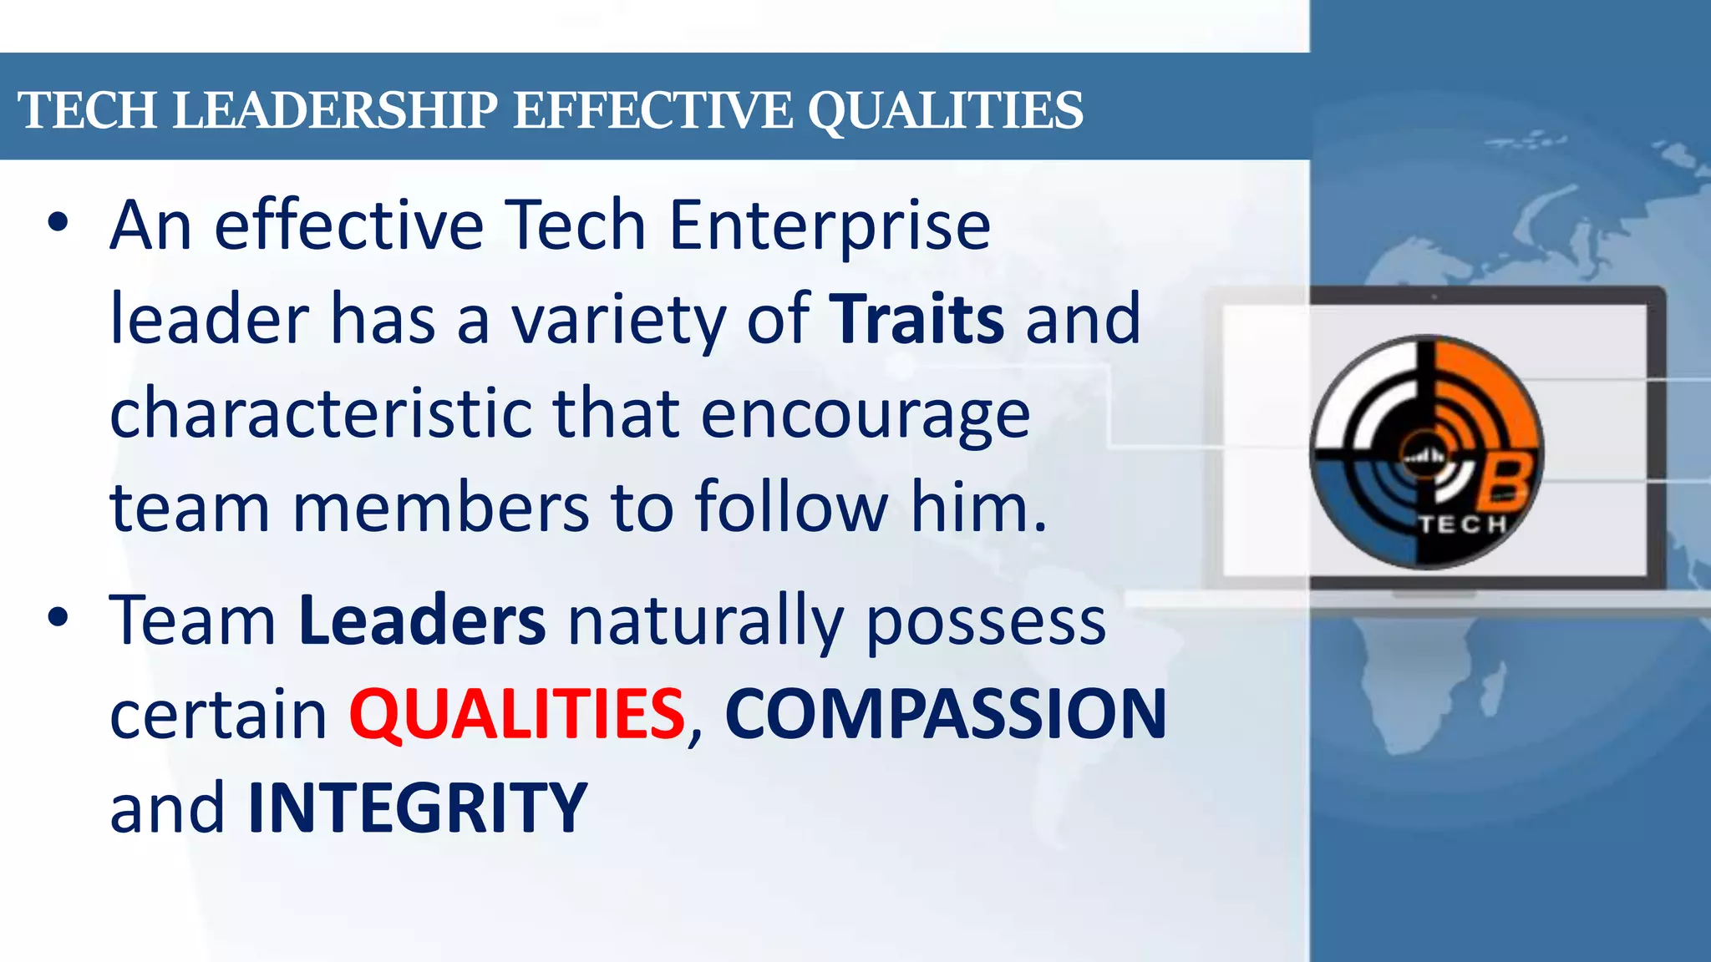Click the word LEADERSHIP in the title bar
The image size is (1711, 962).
(x=335, y=110)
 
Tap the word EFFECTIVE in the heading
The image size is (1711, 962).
(x=652, y=110)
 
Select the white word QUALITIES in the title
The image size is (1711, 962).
(x=945, y=110)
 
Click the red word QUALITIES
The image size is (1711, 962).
(x=517, y=714)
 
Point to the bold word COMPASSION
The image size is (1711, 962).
(x=945, y=714)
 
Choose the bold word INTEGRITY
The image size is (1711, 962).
(x=418, y=808)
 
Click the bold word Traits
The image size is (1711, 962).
(x=916, y=319)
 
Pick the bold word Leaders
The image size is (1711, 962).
(x=422, y=620)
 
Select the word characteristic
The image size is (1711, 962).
(x=321, y=413)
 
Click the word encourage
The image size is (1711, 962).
(x=865, y=413)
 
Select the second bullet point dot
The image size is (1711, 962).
(x=57, y=617)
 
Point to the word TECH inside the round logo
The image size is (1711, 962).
(x=1462, y=524)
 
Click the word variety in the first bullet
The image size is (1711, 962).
(x=618, y=321)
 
